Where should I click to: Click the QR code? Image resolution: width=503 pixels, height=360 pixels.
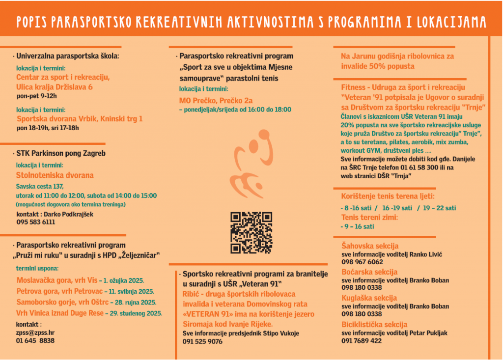click(x=251, y=232)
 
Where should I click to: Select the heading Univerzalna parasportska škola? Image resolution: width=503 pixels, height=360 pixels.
click(x=68, y=56)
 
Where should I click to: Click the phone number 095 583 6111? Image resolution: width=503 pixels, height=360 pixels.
click(x=36, y=222)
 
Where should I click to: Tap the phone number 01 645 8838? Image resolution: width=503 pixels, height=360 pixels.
click(x=35, y=340)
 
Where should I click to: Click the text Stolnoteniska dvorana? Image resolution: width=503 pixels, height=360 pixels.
click(x=55, y=175)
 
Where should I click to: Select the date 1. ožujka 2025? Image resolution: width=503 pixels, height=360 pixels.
click(x=123, y=280)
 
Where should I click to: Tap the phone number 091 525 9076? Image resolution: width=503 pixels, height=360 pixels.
click(x=202, y=341)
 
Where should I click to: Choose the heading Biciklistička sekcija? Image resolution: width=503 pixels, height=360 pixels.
click(x=374, y=324)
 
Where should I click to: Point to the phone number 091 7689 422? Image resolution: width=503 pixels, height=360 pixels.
click(x=362, y=340)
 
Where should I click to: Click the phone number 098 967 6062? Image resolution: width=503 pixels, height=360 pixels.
click(x=362, y=262)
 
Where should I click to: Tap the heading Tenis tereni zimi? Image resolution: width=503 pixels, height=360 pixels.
click(x=369, y=218)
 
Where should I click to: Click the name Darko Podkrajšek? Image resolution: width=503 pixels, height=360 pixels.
click(x=68, y=214)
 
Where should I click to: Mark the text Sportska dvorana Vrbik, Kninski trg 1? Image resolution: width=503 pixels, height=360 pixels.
click(x=80, y=118)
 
